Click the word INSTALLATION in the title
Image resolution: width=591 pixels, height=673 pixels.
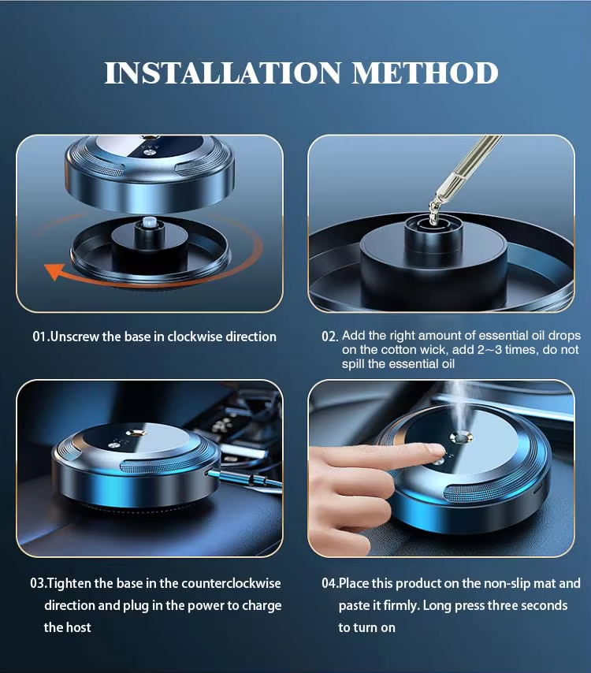tap(223, 73)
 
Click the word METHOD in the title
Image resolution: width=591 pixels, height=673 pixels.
tap(425, 73)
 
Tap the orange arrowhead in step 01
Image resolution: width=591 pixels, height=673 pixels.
tap(54, 271)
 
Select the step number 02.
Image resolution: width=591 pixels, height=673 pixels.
tap(330, 336)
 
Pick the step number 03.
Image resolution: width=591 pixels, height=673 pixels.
tap(38, 583)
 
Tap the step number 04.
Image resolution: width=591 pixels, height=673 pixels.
tap(330, 583)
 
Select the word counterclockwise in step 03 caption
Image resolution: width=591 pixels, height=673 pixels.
tap(231, 583)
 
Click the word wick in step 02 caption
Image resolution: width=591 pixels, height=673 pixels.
tap(434, 350)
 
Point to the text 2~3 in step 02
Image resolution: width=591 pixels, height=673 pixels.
tap(489, 350)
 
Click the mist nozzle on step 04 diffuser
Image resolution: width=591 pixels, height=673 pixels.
tap(462, 437)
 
